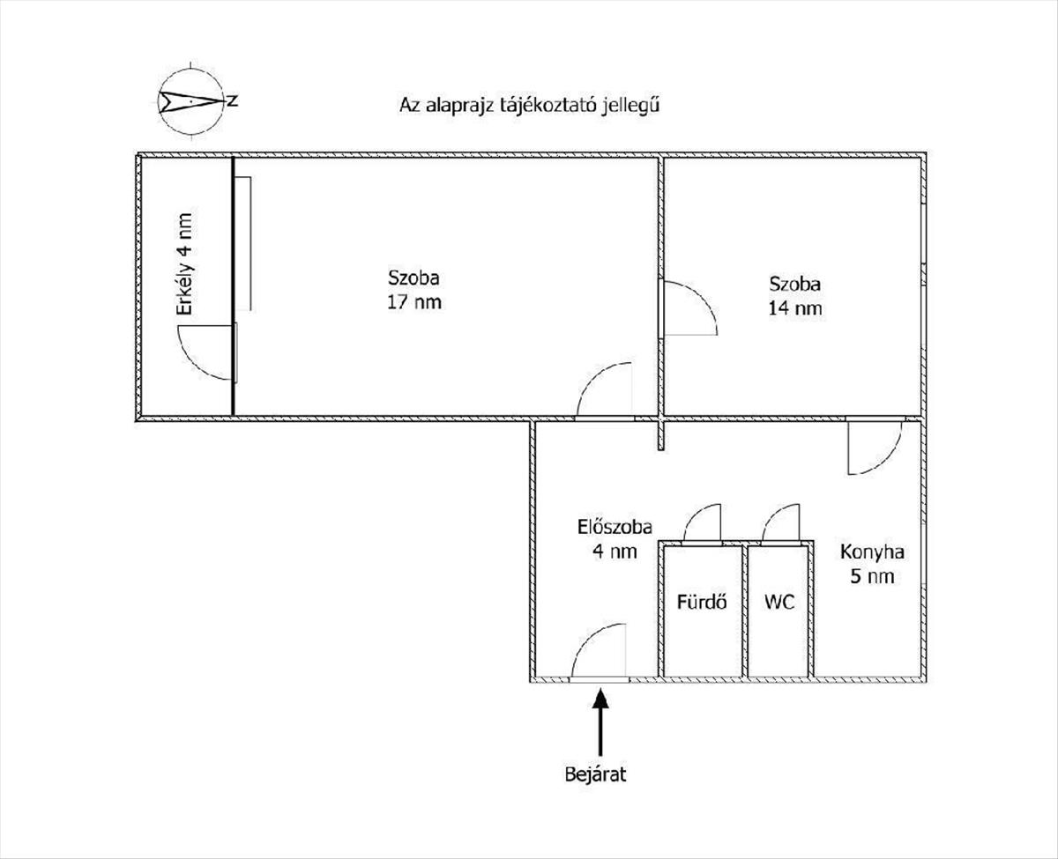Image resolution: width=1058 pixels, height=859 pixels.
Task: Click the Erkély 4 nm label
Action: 185,263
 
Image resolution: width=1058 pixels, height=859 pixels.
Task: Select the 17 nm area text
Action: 414,302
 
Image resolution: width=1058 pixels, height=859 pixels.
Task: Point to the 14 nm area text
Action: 794,308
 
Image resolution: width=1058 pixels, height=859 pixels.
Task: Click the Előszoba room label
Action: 615,527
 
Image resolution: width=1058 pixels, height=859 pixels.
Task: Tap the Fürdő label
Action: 702,602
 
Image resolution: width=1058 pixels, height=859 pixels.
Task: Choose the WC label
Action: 779,603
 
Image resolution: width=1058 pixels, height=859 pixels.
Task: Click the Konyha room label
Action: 872,552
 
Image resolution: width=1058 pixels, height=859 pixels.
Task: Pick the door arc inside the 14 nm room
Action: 703,297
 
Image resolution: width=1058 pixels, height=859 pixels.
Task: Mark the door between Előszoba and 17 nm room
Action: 593,380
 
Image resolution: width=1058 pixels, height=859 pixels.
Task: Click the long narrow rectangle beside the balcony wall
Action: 242,244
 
